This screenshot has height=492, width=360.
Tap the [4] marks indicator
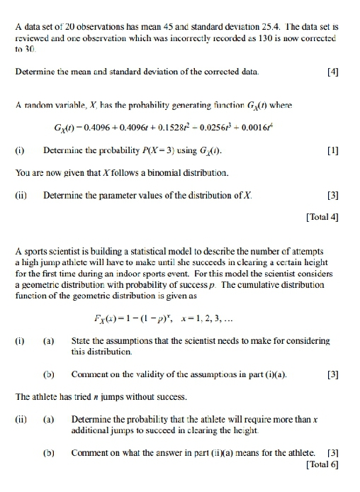[330, 73]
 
